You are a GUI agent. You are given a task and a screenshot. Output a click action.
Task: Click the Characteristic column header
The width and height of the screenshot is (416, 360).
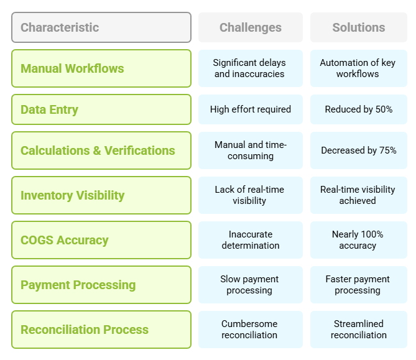[101, 27]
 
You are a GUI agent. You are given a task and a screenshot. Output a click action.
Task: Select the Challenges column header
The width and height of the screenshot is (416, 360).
[251, 27]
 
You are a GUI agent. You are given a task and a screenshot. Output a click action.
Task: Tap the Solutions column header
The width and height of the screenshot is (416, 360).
[359, 27]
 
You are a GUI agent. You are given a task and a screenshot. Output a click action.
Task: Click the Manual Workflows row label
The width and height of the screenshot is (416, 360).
[101, 68]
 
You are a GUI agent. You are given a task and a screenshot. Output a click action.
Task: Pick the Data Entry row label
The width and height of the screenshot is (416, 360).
[101, 109]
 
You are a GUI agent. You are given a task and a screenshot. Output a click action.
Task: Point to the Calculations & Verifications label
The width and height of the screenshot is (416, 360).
[101, 150]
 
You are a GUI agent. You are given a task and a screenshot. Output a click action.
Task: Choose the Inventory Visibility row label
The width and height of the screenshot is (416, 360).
[101, 195]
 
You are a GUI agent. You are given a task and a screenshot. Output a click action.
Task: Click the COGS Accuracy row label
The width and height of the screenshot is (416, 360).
[101, 240]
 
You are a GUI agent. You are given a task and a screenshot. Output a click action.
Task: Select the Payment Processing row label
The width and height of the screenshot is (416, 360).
[101, 285]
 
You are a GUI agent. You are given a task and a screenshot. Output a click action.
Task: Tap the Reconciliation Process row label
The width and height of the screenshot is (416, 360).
[101, 330]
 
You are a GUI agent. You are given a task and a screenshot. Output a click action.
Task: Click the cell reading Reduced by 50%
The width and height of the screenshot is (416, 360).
[359, 109]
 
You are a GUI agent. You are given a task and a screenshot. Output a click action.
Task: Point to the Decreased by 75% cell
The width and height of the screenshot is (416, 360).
[359, 150]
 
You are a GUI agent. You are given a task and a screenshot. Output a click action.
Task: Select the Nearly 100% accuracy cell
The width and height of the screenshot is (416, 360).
[359, 240]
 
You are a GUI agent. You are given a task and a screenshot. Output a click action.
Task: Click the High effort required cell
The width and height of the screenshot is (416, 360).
[251, 109]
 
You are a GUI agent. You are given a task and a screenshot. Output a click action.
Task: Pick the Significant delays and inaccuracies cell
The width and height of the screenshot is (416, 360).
[251, 68]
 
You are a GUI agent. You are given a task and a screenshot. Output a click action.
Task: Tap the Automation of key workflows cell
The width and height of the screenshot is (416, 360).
[359, 68]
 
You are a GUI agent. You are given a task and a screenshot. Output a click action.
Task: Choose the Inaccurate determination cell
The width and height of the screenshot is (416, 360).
[251, 240]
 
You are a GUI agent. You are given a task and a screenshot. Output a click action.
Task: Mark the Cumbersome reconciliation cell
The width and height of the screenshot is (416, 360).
[251, 330]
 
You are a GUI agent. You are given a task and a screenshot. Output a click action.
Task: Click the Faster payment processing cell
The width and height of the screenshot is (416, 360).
[359, 285]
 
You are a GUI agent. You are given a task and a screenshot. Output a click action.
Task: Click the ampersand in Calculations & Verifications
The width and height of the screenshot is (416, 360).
[97, 150]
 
